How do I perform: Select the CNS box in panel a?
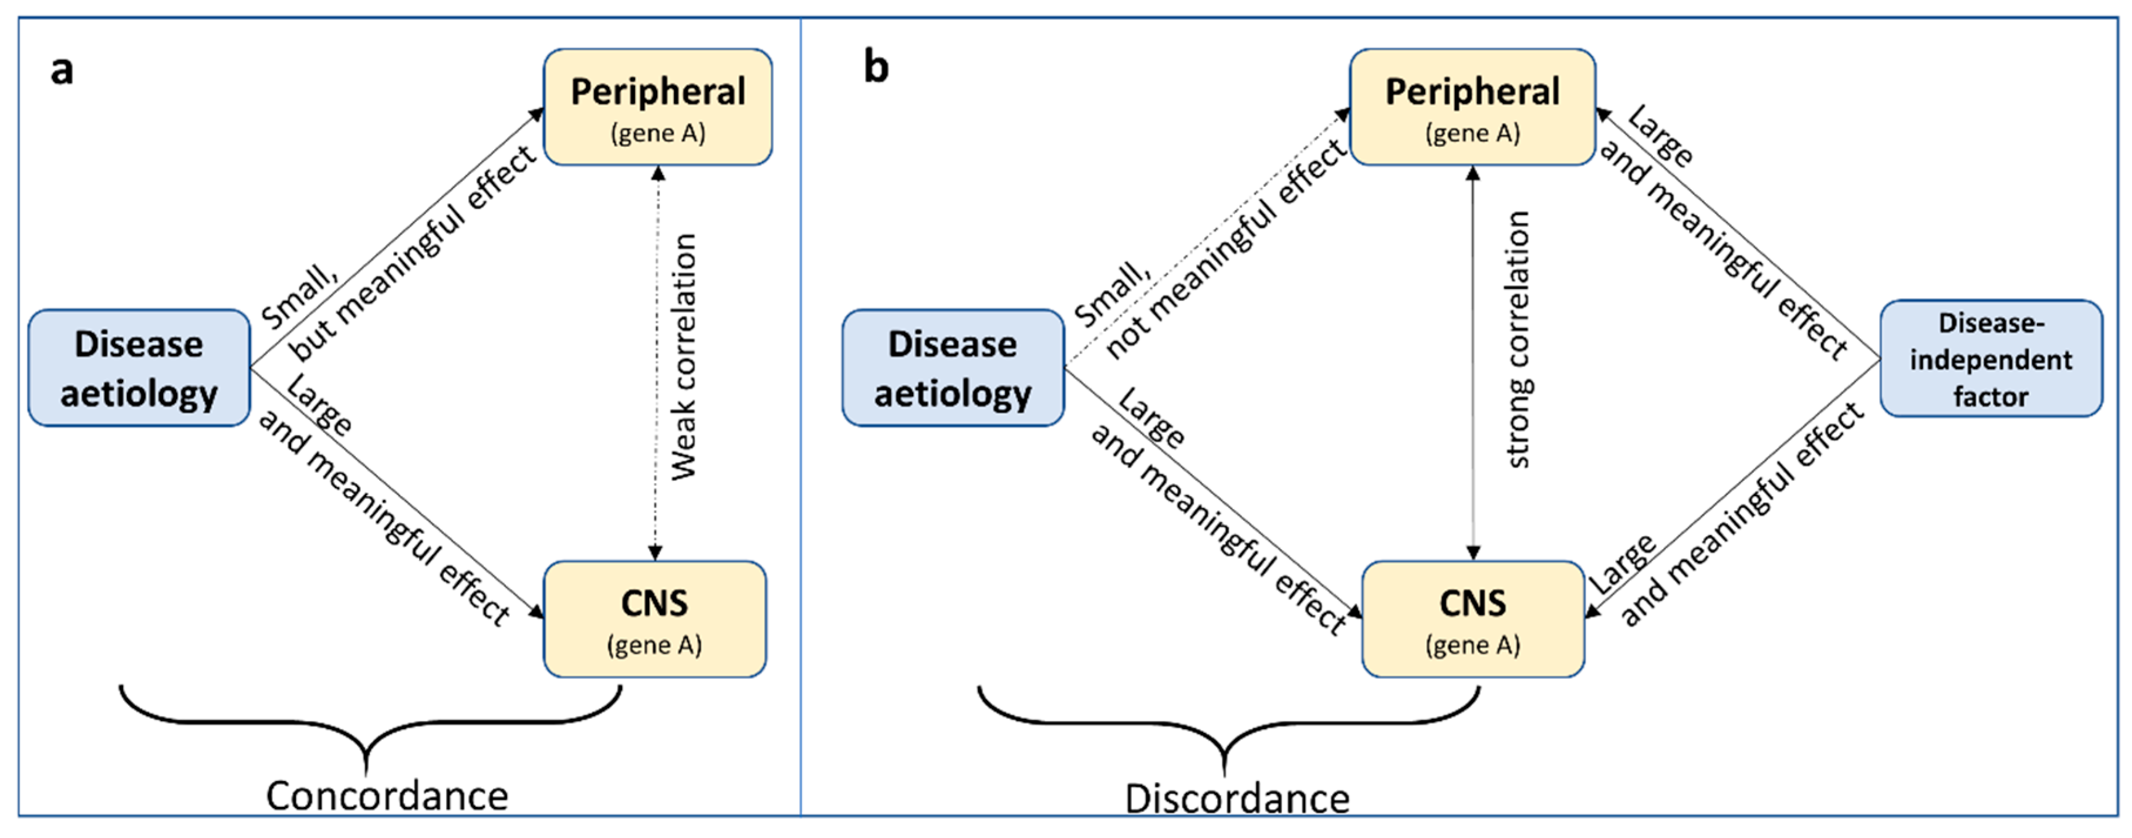pos(654,618)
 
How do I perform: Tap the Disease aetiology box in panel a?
pos(139,368)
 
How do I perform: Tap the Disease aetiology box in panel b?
pos(952,368)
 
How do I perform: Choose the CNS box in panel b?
pos(1472,618)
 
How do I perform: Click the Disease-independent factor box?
pos(1991,359)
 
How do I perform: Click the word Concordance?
pos(387,796)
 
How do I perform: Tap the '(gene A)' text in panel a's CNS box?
pos(654,645)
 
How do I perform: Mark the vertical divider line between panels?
pos(800,414)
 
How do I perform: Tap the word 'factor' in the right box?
pos(1991,396)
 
